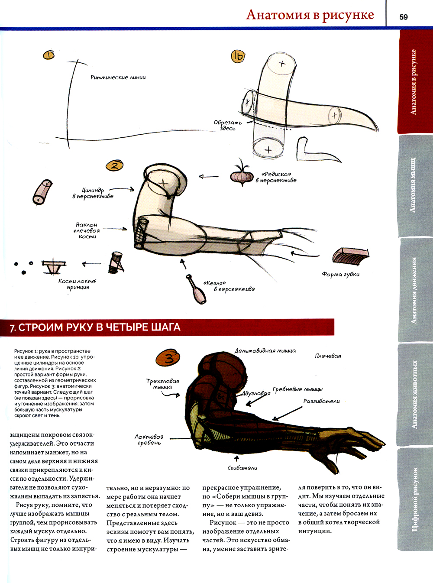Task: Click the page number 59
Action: coord(403,17)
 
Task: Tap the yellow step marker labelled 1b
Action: coord(238,57)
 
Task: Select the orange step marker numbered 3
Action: coord(168,358)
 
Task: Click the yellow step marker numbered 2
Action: coord(115,165)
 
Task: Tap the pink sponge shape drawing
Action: coord(350,255)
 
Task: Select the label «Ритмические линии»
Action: coord(118,77)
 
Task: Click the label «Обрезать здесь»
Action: coord(227,125)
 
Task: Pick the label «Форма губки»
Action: coord(340,274)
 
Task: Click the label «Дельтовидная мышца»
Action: coord(265,351)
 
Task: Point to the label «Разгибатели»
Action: coord(321,401)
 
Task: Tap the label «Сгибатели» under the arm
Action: coord(242,468)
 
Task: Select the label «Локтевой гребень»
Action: coord(149,440)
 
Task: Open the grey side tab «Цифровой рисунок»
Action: coord(414,499)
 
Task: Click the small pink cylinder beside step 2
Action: coord(42,192)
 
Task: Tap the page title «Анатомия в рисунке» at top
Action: coord(310,15)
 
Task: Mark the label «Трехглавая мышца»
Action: coord(163,384)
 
